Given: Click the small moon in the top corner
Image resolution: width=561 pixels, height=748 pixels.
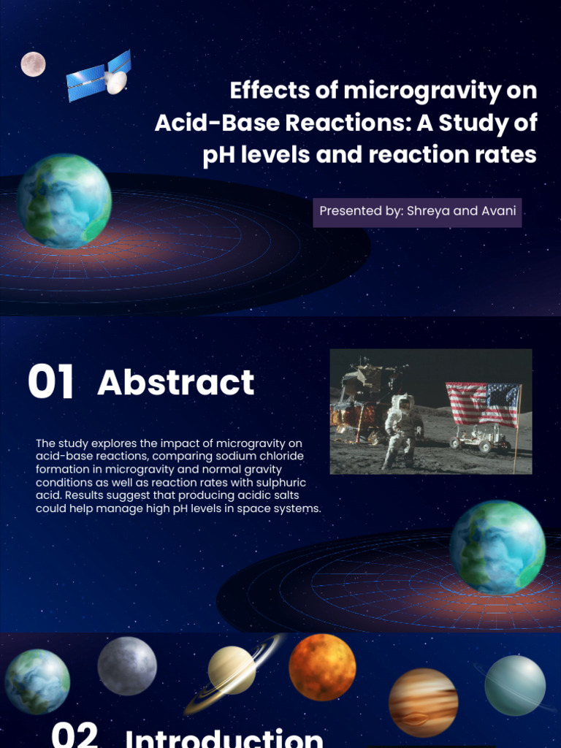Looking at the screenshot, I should (x=33, y=64).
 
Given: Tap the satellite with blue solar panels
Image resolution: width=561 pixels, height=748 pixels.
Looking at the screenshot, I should (x=100, y=77).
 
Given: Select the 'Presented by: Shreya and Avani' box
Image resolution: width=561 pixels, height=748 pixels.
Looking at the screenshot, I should (x=417, y=212).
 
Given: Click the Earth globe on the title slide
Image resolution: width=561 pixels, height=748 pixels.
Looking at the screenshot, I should (x=64, y=201).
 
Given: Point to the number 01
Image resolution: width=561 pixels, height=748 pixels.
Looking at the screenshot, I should (x=51, y=383).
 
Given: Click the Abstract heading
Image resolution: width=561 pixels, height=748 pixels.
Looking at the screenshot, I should (x=175, y=383).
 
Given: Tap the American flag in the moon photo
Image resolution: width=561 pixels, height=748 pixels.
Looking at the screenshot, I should (x=482, y=404).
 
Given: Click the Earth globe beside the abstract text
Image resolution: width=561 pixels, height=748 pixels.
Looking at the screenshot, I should (x=497, y=547).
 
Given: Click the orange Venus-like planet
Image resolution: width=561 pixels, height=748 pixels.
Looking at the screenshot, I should (x=322, y=667).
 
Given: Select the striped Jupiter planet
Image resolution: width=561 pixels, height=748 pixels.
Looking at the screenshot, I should (x=423, y=702).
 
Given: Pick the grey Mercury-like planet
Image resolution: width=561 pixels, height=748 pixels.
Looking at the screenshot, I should (x=127, y=665).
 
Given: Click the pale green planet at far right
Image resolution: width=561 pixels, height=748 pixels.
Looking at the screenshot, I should (x=515, y=685).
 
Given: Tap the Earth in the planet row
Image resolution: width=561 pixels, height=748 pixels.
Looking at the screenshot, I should (x=37, y=681).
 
